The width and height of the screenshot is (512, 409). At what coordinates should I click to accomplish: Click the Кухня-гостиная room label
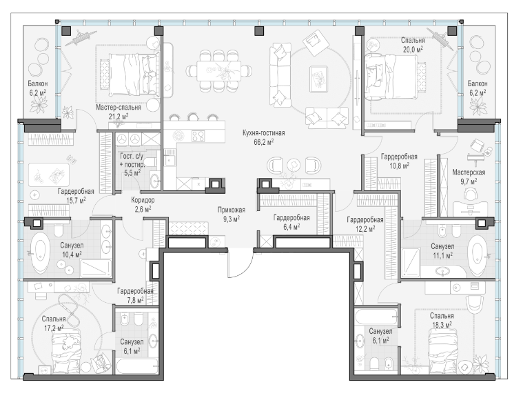(263, 133)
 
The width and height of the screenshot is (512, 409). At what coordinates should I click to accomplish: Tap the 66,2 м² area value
(263, 142)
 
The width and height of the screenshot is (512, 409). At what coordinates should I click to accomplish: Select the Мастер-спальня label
(119, 108)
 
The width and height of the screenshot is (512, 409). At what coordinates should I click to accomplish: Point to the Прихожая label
(232, 210)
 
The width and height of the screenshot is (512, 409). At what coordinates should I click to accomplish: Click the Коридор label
(143, 200)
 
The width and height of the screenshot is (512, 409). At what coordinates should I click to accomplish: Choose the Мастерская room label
(469, 172)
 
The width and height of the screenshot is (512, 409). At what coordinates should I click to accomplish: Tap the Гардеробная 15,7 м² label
(76, 196)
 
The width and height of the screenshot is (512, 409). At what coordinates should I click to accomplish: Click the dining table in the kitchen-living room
(218, 71)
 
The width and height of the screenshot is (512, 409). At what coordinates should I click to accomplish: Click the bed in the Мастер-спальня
(132, 74)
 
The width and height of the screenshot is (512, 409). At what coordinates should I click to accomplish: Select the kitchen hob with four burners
(198, 136)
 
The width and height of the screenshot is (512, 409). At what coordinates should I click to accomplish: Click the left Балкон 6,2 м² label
(37, 88)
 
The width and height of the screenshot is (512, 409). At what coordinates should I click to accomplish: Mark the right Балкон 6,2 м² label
(478, 88)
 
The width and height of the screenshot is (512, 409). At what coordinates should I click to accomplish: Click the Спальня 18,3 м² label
(442, 320)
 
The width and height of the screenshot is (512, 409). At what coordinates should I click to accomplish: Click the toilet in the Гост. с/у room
(151, 162)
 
